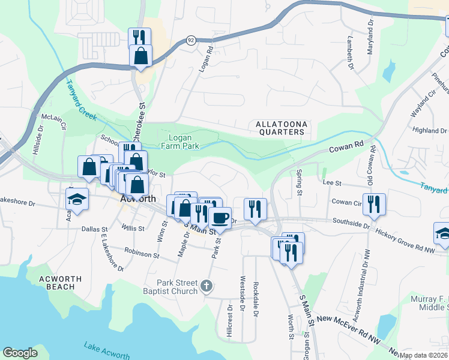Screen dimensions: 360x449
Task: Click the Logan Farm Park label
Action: click(180, 141)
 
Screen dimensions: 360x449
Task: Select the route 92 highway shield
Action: click(191, 40)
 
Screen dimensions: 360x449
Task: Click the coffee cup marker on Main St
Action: click(220, 217)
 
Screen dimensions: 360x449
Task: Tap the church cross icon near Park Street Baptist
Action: click(206, 286)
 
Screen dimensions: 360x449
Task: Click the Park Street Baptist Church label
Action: click(177, 287)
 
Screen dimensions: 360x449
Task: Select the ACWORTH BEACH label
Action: click(58, 283)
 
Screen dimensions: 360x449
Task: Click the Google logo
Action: click(20, 353)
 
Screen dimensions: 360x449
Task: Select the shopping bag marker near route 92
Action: click(140, 56)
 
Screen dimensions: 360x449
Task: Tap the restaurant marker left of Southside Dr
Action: click(256, 208)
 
